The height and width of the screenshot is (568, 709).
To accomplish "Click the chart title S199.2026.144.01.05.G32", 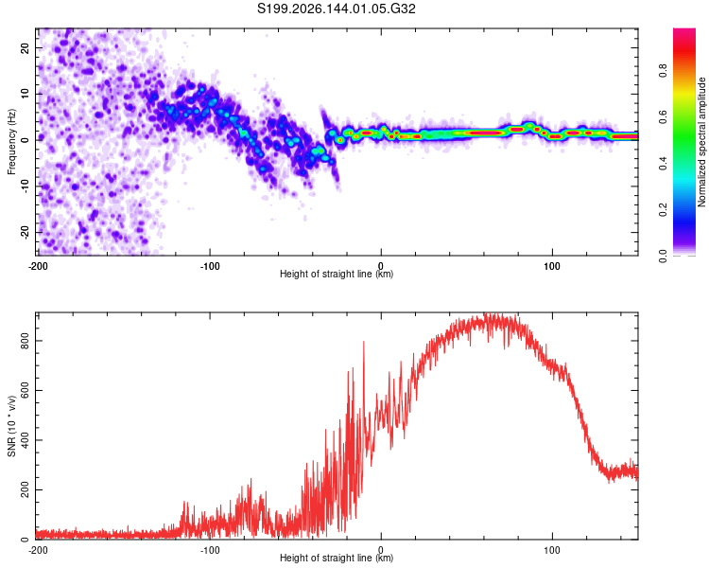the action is (336, 9).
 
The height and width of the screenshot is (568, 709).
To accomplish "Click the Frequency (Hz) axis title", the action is (11, 142).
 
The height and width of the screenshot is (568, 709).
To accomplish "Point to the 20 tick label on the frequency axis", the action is (25, 48).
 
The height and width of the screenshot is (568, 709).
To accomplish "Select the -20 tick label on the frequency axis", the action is (25, 233).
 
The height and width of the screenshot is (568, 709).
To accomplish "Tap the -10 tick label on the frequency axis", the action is (25, 186).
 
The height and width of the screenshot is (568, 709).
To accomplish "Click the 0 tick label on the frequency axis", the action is (25, 140).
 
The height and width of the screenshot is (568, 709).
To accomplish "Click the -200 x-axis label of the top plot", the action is (38, 266).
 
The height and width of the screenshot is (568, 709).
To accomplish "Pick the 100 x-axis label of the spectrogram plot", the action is (552, 266).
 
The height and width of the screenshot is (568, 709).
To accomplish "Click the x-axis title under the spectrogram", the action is (337, 274).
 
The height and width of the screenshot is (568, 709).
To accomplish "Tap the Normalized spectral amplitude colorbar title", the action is (701, 142).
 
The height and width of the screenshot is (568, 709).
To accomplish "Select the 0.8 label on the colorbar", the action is (663, 71).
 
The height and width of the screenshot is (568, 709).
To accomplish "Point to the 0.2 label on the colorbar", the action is (663, 210).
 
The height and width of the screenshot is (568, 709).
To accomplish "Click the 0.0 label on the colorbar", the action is (663, 256).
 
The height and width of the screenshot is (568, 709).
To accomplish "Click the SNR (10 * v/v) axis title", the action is (12, 426).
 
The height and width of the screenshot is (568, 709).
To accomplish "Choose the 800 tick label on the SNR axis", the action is (25, 341).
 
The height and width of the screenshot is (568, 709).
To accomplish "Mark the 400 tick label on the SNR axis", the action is (25, 440).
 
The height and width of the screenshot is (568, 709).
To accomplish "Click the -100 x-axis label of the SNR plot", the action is (210, 550).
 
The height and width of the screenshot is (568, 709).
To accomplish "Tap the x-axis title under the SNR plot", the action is (337, 558).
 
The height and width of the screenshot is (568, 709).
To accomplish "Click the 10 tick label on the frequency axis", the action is (25, 94).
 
